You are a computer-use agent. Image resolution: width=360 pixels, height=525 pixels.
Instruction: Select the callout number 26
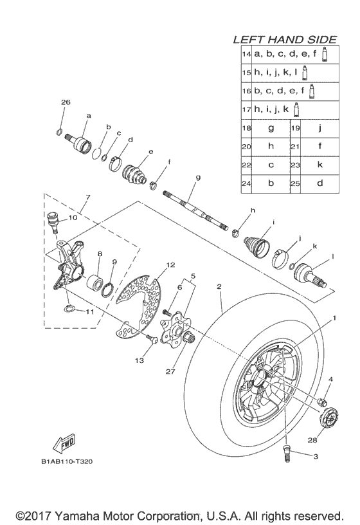[65, 102]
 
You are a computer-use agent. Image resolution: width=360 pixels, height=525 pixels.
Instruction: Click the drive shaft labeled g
[196, 209]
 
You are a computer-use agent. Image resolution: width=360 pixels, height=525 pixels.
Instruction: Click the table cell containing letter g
[271, 128]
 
